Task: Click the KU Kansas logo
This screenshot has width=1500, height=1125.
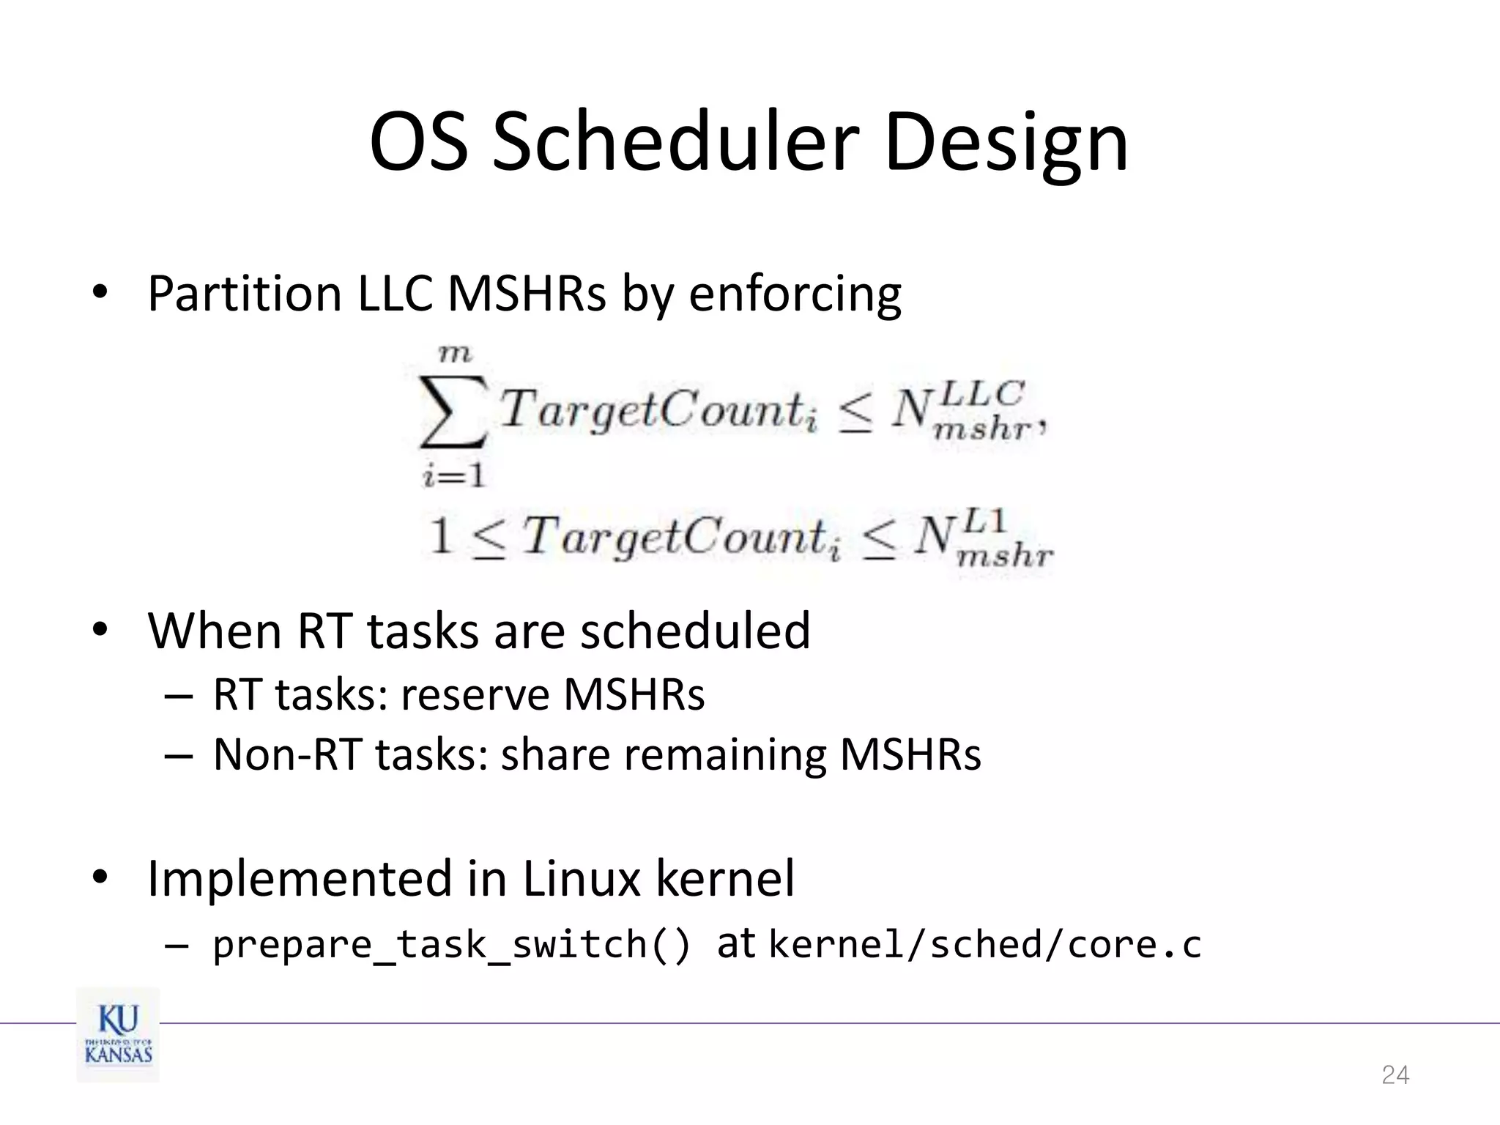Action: pos(118,1034)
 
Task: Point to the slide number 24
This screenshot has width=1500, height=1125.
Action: pos(1395,1074)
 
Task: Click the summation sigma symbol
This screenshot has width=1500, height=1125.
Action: pos(453,412)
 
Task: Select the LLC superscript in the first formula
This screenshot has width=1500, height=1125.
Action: pos(981,393)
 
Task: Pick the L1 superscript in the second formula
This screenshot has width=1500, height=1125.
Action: pos(985,521)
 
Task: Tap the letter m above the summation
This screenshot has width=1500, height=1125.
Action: pos(454,354)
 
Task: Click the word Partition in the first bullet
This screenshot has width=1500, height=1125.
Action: pos(245,294)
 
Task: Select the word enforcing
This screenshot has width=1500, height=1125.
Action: pos(795,294)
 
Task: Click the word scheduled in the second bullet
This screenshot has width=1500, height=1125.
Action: pos(695,631)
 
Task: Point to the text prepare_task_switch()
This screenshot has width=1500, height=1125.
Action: pos(451,944)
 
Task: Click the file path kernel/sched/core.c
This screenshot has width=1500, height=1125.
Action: pos(984,944)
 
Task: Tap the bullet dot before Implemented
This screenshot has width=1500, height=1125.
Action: pos(100,876)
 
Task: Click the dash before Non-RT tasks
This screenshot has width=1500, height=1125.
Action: pos(179,755)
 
